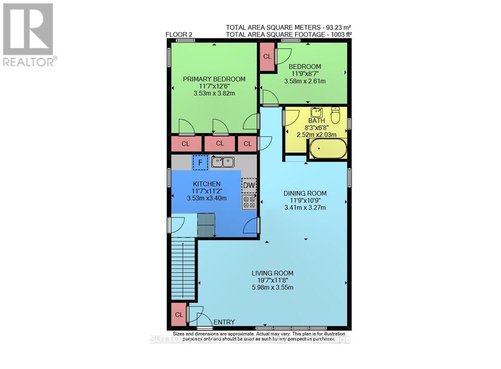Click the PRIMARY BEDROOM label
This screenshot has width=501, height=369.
(x=214, y=79)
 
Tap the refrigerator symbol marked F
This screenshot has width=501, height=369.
(x=200, y=162)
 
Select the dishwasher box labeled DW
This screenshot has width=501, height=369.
(x=249, y=186)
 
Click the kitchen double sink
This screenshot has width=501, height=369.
(x=223, y=162)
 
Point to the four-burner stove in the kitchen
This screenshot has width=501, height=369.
(x=249, y=202)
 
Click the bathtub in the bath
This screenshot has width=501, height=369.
(x=327, y=149)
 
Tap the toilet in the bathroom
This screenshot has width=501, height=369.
(x=336, y=115)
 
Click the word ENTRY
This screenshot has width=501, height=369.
(x=224, y=322)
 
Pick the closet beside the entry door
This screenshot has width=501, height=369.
(x=178, y=315)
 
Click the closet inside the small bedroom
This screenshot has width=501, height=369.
(x=267, y=57)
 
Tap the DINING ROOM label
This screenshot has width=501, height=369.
(x=305, y=194)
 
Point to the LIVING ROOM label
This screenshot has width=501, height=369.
(x=272, y=273)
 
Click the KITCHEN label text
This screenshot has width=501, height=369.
(x=206, y=184)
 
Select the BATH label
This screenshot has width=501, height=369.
(x=316, y=121)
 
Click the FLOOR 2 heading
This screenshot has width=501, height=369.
(x=179, y=34)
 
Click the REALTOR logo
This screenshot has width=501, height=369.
(x=29, y=35)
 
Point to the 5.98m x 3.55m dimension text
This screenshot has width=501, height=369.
(x=272, y=287)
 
